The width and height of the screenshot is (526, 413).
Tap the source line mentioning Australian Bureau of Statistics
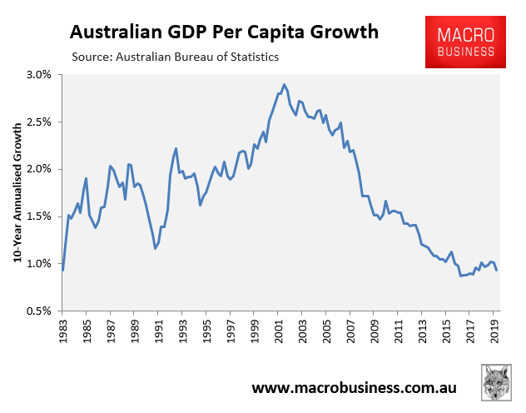pos(175,57)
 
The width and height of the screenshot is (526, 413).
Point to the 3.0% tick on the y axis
pos(38,75)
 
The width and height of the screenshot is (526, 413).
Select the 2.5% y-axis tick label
pos(38,122)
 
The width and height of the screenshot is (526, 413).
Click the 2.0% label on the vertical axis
pos(38,169)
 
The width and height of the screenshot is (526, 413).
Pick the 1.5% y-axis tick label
pos(38,216)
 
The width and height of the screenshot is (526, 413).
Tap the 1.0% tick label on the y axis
pos(38,264)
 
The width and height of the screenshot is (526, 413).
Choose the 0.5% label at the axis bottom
pos(38,311)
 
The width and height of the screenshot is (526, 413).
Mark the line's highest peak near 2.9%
pos(284,84)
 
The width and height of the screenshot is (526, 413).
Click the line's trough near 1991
pos(155,248)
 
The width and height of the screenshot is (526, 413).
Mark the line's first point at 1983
pos(63,270)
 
